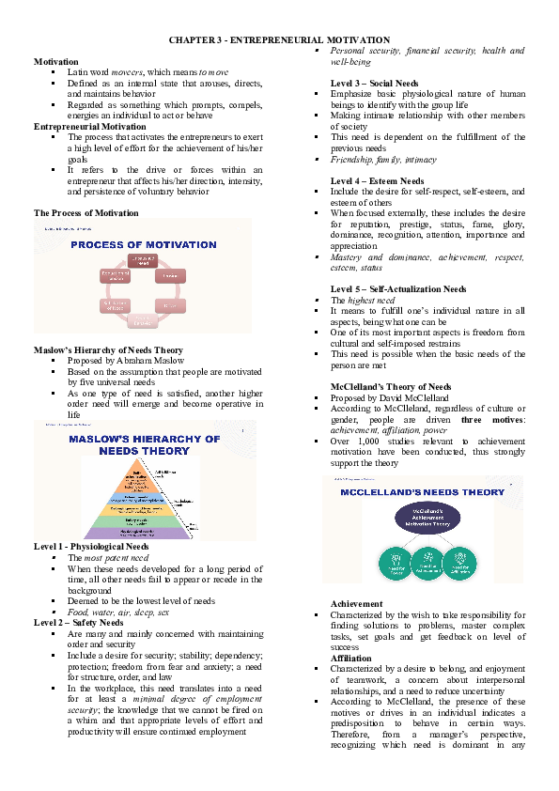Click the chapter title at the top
point(279,40)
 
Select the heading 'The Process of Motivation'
point(85,213)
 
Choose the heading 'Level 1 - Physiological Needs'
point(91,547)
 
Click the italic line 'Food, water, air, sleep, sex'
point(118,612)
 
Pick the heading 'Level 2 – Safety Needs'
point(78,622)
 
